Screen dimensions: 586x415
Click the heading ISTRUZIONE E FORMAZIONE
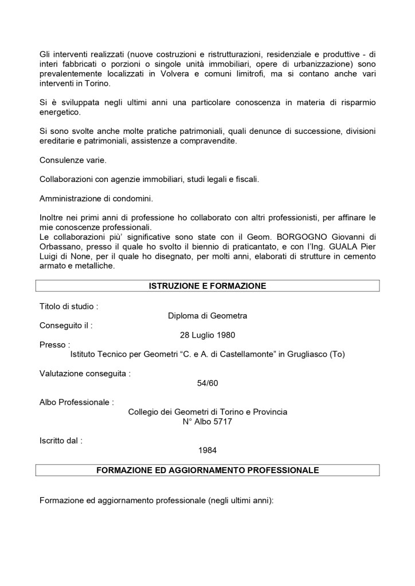pos(207,286)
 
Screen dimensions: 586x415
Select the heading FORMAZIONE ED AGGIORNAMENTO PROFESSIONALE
pos(207,470)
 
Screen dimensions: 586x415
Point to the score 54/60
pos(207,383)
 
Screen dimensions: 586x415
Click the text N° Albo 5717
pos(207,422)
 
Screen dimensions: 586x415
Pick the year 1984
pos(207,450)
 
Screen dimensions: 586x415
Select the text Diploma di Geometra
pos(207,315)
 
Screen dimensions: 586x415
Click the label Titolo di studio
pos(68,306)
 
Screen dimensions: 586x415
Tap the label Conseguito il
pos(66,326)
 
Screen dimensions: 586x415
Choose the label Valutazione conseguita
pos(85,374)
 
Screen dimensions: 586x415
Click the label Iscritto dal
pos(61,441)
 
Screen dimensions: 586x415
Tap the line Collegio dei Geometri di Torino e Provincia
pos(207,412)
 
